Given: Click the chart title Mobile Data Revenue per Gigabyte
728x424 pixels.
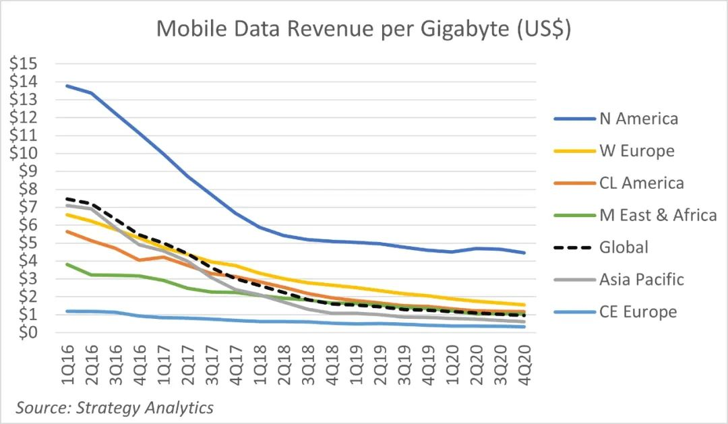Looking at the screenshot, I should coord(364,29).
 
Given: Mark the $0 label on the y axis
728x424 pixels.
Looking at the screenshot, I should coord(26,332).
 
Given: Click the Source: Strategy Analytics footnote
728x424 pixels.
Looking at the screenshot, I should coord(115,408).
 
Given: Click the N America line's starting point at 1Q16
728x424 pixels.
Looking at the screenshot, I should coord(67,86).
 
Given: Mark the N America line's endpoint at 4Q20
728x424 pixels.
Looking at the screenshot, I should coord(524,253).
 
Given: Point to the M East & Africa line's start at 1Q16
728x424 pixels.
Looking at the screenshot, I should coord(67,264).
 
